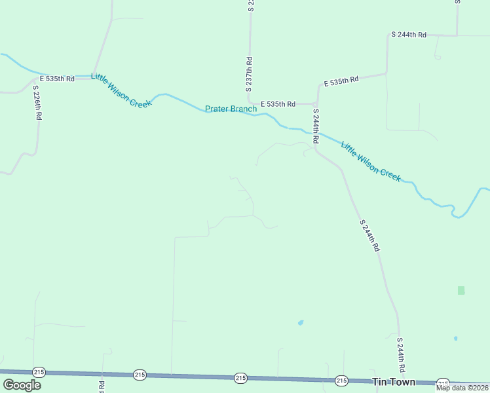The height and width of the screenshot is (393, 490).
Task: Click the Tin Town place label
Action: (x=393, y=381)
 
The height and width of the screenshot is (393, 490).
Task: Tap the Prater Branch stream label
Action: (x=231, y=109)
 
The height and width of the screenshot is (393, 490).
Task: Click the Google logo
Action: (x=22, y=385)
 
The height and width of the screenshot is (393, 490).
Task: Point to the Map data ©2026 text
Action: (x=461, y=388)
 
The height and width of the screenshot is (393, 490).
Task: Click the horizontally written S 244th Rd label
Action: (x=408, y=34)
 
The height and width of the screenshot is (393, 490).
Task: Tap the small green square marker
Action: (x=461, y=290)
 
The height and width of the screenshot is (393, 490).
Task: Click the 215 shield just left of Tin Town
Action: (x=341, y=380)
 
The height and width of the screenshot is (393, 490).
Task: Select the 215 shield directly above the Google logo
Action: (x=39, y=371)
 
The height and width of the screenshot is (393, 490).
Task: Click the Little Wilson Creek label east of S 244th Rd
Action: (x=370, y=160)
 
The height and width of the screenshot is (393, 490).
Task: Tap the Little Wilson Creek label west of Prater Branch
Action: (x=121, y=90)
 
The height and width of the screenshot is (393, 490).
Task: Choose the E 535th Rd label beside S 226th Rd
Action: (x=57, y=79)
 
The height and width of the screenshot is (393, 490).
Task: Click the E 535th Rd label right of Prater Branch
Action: (x=278, y=103)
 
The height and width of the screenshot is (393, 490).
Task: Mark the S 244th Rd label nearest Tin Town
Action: (x=401, y=356)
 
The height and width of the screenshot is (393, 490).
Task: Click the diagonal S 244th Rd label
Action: (x=369, y=236)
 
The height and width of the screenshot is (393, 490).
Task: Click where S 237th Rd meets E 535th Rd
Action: (x=250, y=103)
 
